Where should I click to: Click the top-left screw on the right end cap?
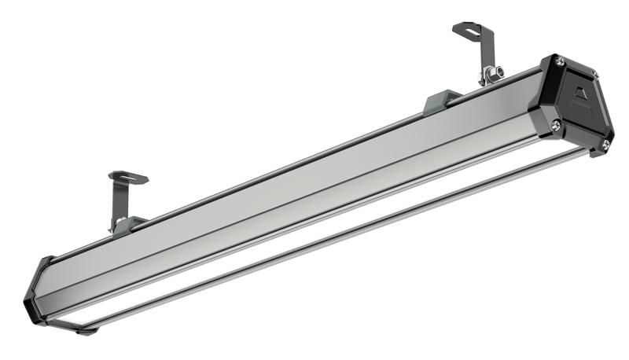pos(558,61)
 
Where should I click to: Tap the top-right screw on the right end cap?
pos(594,75)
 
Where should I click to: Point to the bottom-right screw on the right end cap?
pos(605,144)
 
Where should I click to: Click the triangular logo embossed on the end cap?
pos(580,98)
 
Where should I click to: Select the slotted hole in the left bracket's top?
pos(127,177)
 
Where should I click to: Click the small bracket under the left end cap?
pos(75,326)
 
